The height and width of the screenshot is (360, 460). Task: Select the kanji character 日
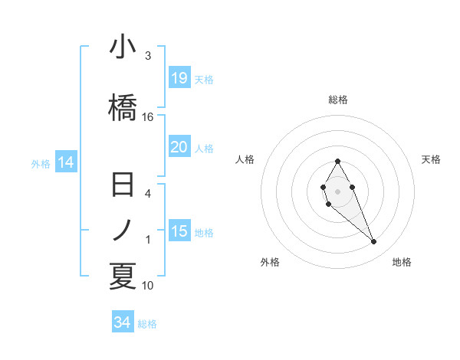point(123,186)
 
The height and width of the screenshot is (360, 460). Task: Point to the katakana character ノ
point(123,229)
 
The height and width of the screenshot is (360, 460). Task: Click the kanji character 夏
point(123,276)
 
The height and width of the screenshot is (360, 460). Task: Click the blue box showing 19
point(179,77)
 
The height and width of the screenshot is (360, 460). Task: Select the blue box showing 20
point(179,147)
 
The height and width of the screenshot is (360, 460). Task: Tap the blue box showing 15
point(179,231)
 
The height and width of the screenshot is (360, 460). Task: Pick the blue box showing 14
point(66,162)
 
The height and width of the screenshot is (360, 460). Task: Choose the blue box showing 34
point(123,322)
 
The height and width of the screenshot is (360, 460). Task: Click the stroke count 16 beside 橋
point(148,117)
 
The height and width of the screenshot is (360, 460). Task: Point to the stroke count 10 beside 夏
point(148,286)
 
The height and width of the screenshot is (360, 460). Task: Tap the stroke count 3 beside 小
point(148,56)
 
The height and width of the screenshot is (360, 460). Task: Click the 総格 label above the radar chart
point(338,100)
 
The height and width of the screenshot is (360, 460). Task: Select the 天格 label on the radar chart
point(431,159)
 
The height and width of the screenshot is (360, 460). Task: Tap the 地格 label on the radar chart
point(402,262)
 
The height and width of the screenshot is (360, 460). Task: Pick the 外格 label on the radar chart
point(270,262)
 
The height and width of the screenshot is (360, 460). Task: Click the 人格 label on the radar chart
point(245,159)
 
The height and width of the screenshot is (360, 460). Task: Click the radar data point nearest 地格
point(373,242)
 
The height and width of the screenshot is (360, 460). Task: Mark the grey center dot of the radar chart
point(337,190)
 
